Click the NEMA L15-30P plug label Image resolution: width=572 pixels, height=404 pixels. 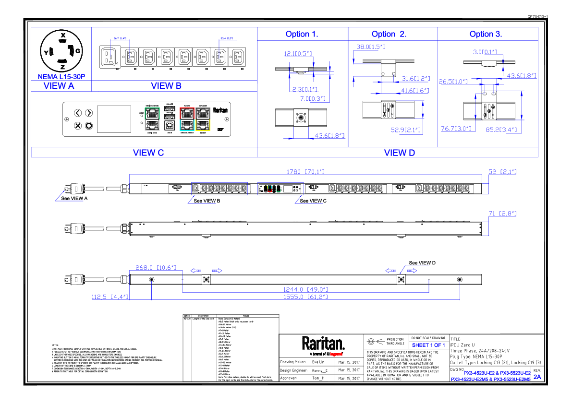61,76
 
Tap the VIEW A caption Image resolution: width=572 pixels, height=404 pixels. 59,86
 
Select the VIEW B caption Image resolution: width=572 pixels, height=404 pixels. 166,86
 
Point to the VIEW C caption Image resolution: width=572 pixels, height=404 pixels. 148,153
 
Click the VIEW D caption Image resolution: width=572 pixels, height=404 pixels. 400,153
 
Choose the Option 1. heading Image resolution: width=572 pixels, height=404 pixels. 302,34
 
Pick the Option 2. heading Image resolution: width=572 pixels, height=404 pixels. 389,34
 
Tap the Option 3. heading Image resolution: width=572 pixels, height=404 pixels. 486,34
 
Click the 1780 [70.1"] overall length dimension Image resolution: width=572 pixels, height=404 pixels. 305,171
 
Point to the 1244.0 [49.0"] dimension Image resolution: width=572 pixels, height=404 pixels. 305,289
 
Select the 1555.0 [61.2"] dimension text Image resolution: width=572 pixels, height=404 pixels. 305,297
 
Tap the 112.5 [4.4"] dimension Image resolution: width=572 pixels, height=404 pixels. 110,297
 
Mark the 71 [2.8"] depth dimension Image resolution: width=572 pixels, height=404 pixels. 503,213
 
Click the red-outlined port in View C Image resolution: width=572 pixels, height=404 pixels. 186,113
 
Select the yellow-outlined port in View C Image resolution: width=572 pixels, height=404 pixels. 204,125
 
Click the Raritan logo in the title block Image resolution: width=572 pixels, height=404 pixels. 323,344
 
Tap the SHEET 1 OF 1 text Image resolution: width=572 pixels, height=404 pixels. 428,345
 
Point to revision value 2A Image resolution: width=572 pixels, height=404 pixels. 537,377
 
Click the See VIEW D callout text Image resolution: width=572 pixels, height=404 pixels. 422,263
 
